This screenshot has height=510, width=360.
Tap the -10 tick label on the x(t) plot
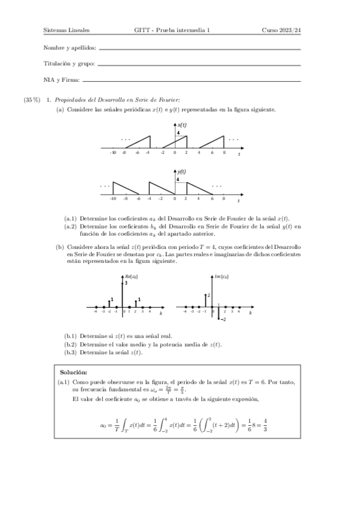(x=112, y=153)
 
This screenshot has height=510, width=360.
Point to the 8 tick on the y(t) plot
(x=224, y=198)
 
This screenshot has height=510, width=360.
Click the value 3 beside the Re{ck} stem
(x=126, y=282)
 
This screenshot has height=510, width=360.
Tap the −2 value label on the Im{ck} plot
(x=222, y=321)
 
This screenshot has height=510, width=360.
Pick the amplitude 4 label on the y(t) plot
(x=178, y=179)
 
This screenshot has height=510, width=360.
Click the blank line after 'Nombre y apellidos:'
(x=198, y=49)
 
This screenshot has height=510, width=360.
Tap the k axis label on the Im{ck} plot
(x=250, y=315)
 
